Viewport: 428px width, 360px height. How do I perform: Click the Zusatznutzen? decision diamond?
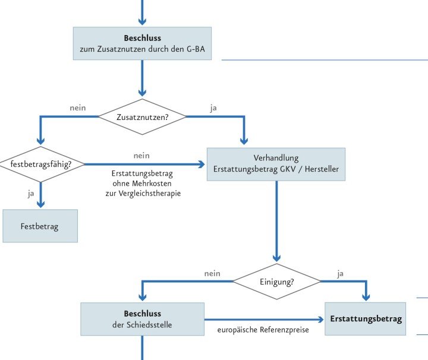tap(142, 116)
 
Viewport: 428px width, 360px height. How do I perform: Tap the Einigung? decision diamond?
tap(276, 281)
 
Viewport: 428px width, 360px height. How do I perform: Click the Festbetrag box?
tap(40, 226)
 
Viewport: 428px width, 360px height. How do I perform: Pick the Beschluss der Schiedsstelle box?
tap(142, 319)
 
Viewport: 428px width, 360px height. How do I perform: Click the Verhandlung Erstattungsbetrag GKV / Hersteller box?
tap(276, 164)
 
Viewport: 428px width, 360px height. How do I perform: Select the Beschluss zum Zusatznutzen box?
tap(142, 43)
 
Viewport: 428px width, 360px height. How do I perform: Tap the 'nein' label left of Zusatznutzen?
tap(78, 108)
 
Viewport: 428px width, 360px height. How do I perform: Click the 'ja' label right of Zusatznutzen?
tap(213, 108)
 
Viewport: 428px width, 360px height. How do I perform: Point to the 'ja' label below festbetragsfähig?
tap(30, 192)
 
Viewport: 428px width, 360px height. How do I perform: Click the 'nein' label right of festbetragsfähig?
tap(141, 156)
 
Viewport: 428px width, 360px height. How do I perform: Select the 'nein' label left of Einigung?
tap(212, 273)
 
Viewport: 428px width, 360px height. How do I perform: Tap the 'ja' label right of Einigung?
tap(340, 273)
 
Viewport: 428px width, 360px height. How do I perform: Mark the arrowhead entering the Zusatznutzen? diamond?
tap(142, 93)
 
